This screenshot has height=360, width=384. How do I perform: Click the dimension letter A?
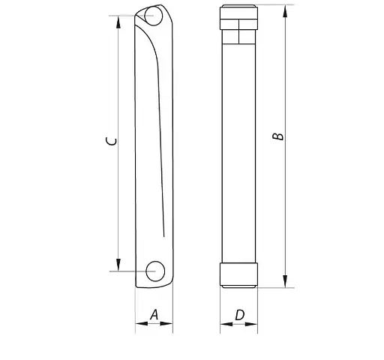[154, 315]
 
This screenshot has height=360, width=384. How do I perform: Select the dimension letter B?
[277, 136]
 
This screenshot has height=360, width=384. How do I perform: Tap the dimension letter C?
[109, 141]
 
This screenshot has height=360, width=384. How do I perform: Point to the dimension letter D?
[239, 315]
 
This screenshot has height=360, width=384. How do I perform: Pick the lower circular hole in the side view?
[156, 270]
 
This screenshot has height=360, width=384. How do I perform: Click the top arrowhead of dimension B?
[286, 10]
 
